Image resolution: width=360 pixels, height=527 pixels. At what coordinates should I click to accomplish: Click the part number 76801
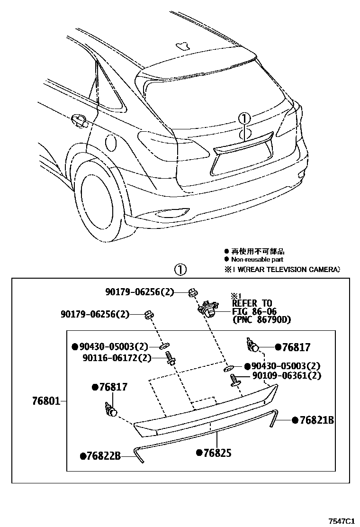(x=46, y=401)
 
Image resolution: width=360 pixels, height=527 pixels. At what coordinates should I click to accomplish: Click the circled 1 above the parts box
(x=181, y=270)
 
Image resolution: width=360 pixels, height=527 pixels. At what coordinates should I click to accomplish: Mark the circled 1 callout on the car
(x=243, y=118)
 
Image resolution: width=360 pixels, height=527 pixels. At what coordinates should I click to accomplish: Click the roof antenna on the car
(x=182, y=45)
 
